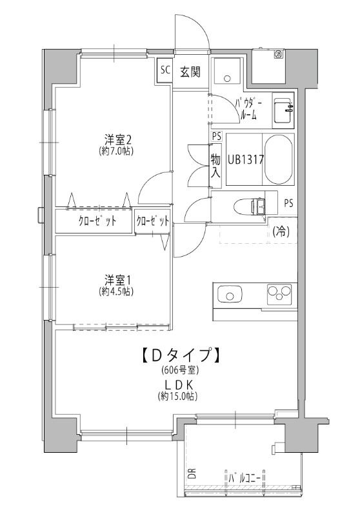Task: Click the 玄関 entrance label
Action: pos(190,71)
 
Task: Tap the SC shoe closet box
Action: pos(165,70)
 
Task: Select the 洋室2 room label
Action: pos(119,139)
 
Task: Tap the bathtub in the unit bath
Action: pos(279,159)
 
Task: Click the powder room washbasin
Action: pos(283,112)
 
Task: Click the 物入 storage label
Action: pos(215,166)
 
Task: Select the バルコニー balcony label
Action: pos(247,479)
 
